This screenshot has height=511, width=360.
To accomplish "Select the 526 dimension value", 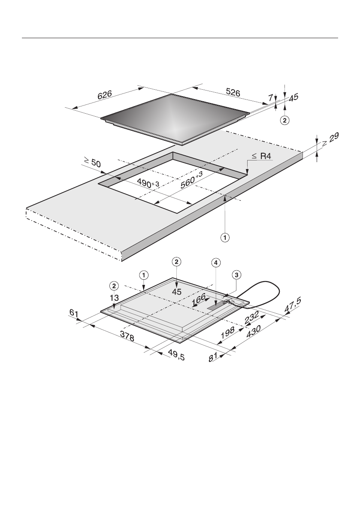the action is (233, 93).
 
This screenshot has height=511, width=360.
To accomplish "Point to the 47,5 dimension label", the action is (293, 307).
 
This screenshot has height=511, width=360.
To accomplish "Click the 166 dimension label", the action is (199, 299).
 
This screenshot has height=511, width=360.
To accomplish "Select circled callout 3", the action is (236, 274).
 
